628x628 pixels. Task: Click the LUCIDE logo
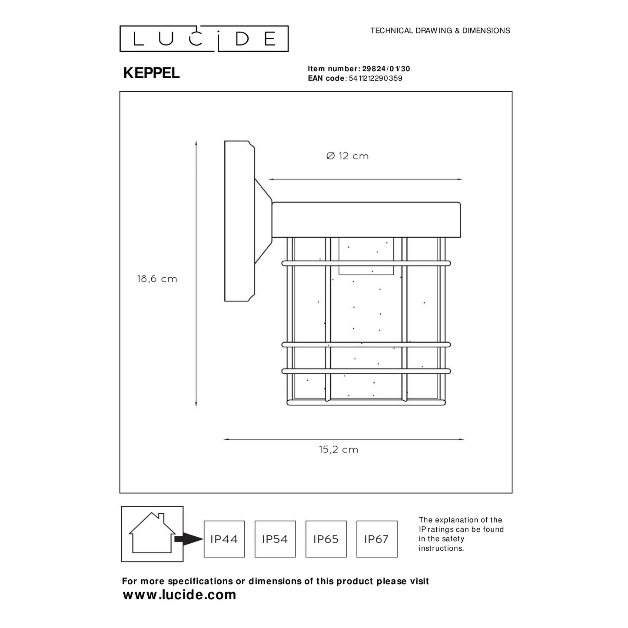click(x=204, y=39)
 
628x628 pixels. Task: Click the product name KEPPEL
click(x=151, y=73)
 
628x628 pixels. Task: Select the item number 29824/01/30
click(x=385, y=69)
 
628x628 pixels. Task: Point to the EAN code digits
click(x=375, y=78)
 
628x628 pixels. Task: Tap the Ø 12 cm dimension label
click(x=347, y=156)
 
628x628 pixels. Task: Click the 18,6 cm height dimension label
click(x=157, y=279)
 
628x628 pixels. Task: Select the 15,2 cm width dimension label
click(x=339, y=450)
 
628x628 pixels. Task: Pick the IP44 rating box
click(x=224, y=539)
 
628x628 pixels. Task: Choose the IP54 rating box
click(x=275, y=539)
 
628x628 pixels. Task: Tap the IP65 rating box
click(x=326, y=539)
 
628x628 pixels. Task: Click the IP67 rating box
click(x=377, y=539)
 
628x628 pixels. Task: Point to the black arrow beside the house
click(x=189, y=539)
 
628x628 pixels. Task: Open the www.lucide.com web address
click(x=179, y=595)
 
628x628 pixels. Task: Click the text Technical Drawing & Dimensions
click(x=440, y=30)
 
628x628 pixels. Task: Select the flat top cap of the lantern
click(x=366, y=220)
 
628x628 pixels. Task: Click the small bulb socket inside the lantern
click(x=366, y=256)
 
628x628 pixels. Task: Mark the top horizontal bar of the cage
click(x=366, y=263)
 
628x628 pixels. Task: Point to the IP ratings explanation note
click(x=461, y=534)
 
